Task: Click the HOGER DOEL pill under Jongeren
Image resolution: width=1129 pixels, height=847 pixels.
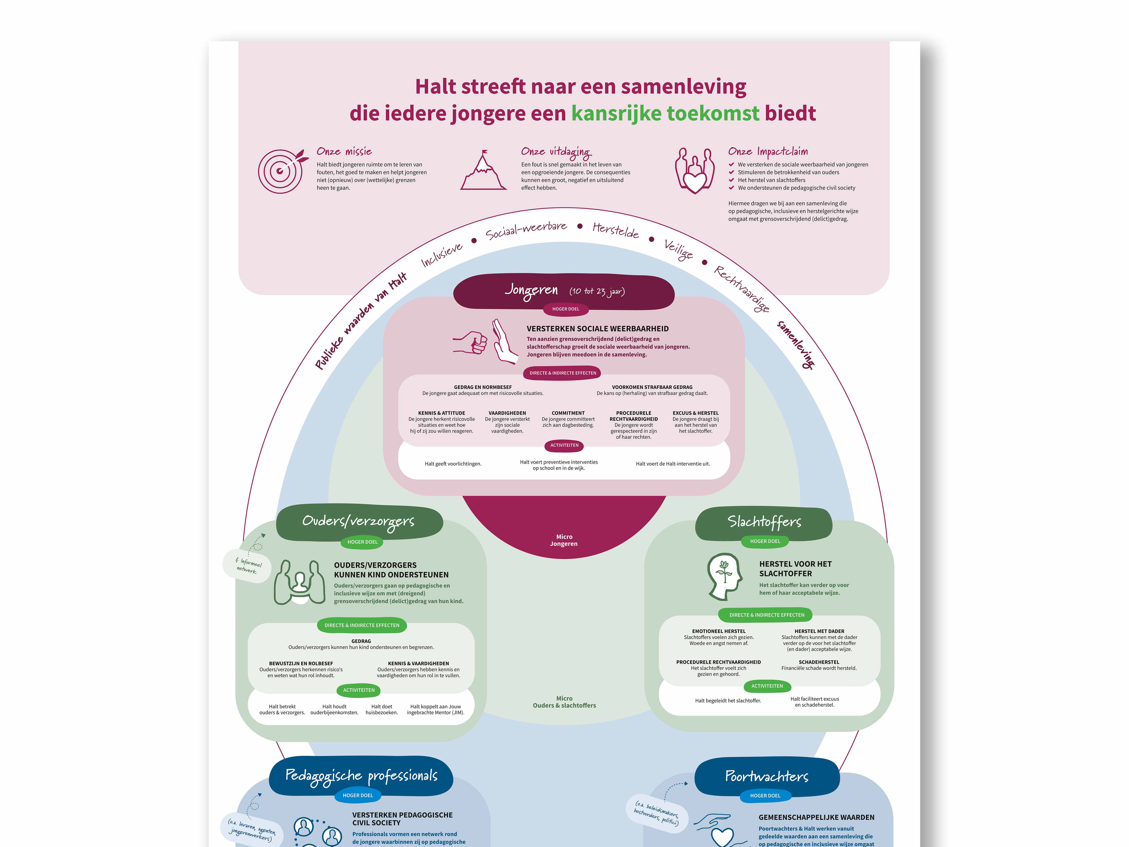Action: (x=566, y=309)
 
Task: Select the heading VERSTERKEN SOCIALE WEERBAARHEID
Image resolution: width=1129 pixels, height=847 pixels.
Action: (x=597, y=329)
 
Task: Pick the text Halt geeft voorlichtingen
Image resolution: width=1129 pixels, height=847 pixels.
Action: (x=453, y=463)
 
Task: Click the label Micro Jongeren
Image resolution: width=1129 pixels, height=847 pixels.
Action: (x=564, y=540)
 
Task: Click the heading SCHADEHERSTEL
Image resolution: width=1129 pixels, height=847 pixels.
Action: (x=819, y=662)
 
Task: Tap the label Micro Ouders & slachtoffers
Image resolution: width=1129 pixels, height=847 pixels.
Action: (x=564, y=702)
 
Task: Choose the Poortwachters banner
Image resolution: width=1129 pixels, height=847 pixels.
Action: (x=767, y=777)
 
